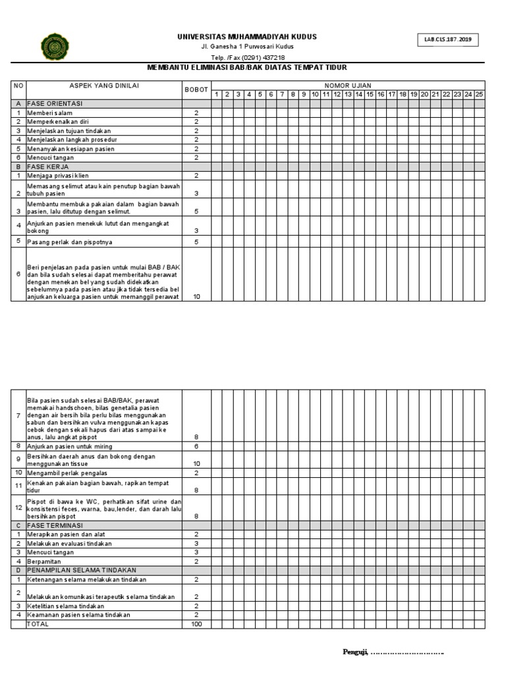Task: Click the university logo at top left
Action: pos(54,46)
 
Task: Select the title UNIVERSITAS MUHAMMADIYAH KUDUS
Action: pos(247,37)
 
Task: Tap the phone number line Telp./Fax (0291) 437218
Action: pos(247,57)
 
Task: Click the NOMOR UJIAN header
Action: pos(347,86)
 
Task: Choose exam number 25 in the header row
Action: pos(478,95)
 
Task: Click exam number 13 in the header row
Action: pos(347,95)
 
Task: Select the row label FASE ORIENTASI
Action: pos(55,104)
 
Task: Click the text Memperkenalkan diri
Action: pos(58,122)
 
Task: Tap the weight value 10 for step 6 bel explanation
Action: pos(196,297)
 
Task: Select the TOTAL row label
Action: pos(38,623)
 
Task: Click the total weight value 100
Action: pos(196,623)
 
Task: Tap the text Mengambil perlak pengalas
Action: pos(67,473)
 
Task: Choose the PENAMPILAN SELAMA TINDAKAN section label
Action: pos(82,570)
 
